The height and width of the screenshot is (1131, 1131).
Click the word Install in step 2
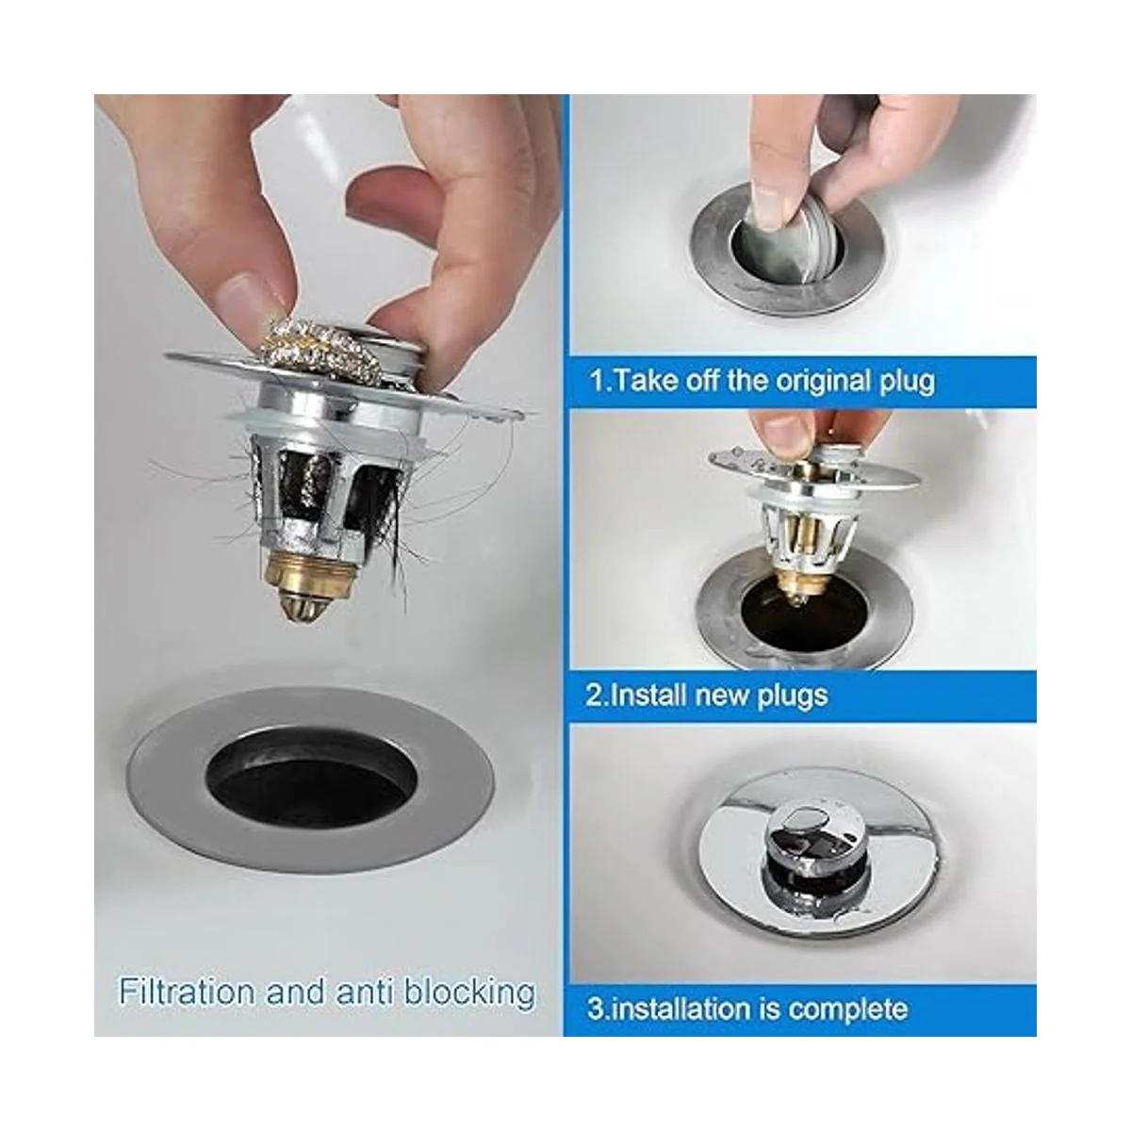[x=647, y=696]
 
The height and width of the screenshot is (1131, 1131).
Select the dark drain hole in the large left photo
[x=311, y=779]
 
